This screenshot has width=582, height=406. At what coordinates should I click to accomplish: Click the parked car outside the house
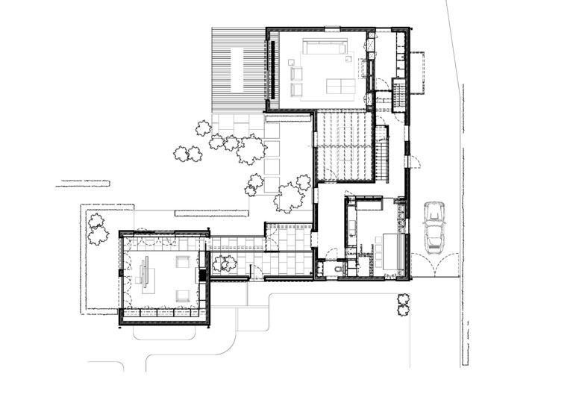[434, 226]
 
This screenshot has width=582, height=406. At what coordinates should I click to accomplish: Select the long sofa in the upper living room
[323, 48]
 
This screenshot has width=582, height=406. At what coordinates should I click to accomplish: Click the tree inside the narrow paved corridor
[224, 263]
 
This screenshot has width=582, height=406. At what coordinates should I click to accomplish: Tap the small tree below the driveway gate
[403, 302]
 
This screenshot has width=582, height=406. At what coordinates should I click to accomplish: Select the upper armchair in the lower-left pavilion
[182, 262]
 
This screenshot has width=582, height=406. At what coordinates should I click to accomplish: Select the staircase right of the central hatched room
[381, 153]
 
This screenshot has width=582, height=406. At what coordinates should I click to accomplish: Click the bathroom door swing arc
[331, 254]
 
